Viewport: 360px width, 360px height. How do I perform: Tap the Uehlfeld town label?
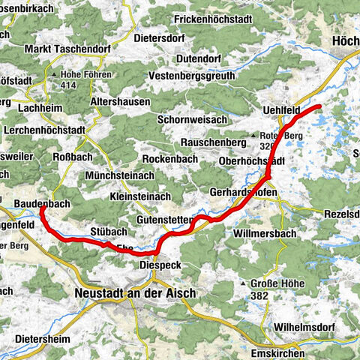(x=281, y=110)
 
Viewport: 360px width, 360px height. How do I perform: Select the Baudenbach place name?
(x=44, y=202)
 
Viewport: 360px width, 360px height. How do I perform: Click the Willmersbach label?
(x=253, y=243)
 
